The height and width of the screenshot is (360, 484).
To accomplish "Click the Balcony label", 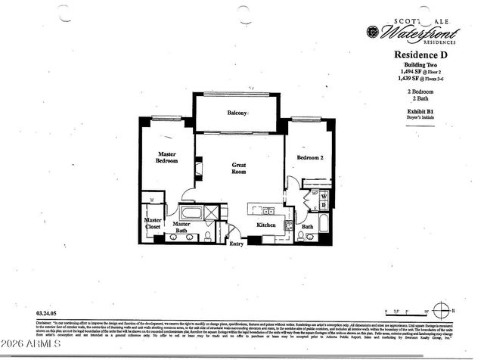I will [237, 113].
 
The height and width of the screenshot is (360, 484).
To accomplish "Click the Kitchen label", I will [265, 225].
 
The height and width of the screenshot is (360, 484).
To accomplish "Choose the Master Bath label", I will [181, 228].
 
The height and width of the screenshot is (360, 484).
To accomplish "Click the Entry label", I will [237, 244].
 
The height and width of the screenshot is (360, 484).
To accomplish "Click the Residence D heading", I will [422, 55].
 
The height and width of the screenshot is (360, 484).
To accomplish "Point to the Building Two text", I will [422, 65].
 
